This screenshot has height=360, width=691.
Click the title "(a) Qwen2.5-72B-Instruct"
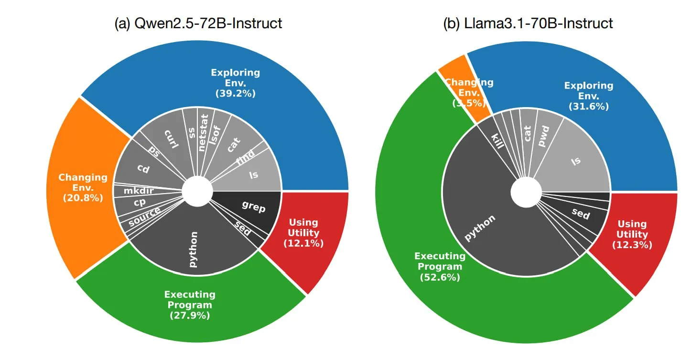198,22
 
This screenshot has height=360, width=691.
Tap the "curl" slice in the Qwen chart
171,138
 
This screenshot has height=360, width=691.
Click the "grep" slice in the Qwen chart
253,207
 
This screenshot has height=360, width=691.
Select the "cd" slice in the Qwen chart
143,168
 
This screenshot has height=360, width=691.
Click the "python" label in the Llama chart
480,229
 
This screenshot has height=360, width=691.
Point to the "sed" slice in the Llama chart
581,214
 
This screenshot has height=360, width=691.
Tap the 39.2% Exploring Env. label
236,83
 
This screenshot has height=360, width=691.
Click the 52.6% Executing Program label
439,266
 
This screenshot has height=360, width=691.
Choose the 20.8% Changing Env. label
83,187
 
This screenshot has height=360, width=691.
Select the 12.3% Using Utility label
632,234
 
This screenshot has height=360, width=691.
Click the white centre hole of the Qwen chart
197,191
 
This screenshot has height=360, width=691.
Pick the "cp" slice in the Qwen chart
140,203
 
